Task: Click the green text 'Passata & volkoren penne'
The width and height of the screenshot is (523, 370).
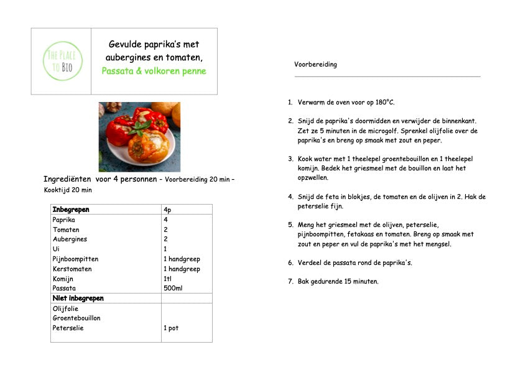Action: (154, 71)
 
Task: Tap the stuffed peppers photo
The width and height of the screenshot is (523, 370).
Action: (139, 137)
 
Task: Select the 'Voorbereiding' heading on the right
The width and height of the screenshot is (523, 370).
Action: (315, 65)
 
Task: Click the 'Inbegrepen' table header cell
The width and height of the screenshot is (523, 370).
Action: (71, 210)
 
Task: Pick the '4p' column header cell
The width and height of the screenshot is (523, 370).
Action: (167, 210)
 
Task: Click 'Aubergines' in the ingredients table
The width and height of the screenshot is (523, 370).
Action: (70, 239)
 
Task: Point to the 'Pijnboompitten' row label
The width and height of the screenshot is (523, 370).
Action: (75, 259)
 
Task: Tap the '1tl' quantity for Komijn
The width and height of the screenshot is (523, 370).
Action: (168, 279)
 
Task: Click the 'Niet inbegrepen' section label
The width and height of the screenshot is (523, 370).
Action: (78, 298)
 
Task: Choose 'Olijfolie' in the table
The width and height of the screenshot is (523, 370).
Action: (68, 308)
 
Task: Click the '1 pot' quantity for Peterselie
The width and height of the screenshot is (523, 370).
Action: (171, 328)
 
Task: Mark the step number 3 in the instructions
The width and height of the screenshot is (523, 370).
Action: (290, 159)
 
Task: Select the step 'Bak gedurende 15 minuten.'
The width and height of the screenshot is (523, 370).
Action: (338, 282)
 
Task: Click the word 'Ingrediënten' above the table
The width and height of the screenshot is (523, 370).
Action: (67, 180)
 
